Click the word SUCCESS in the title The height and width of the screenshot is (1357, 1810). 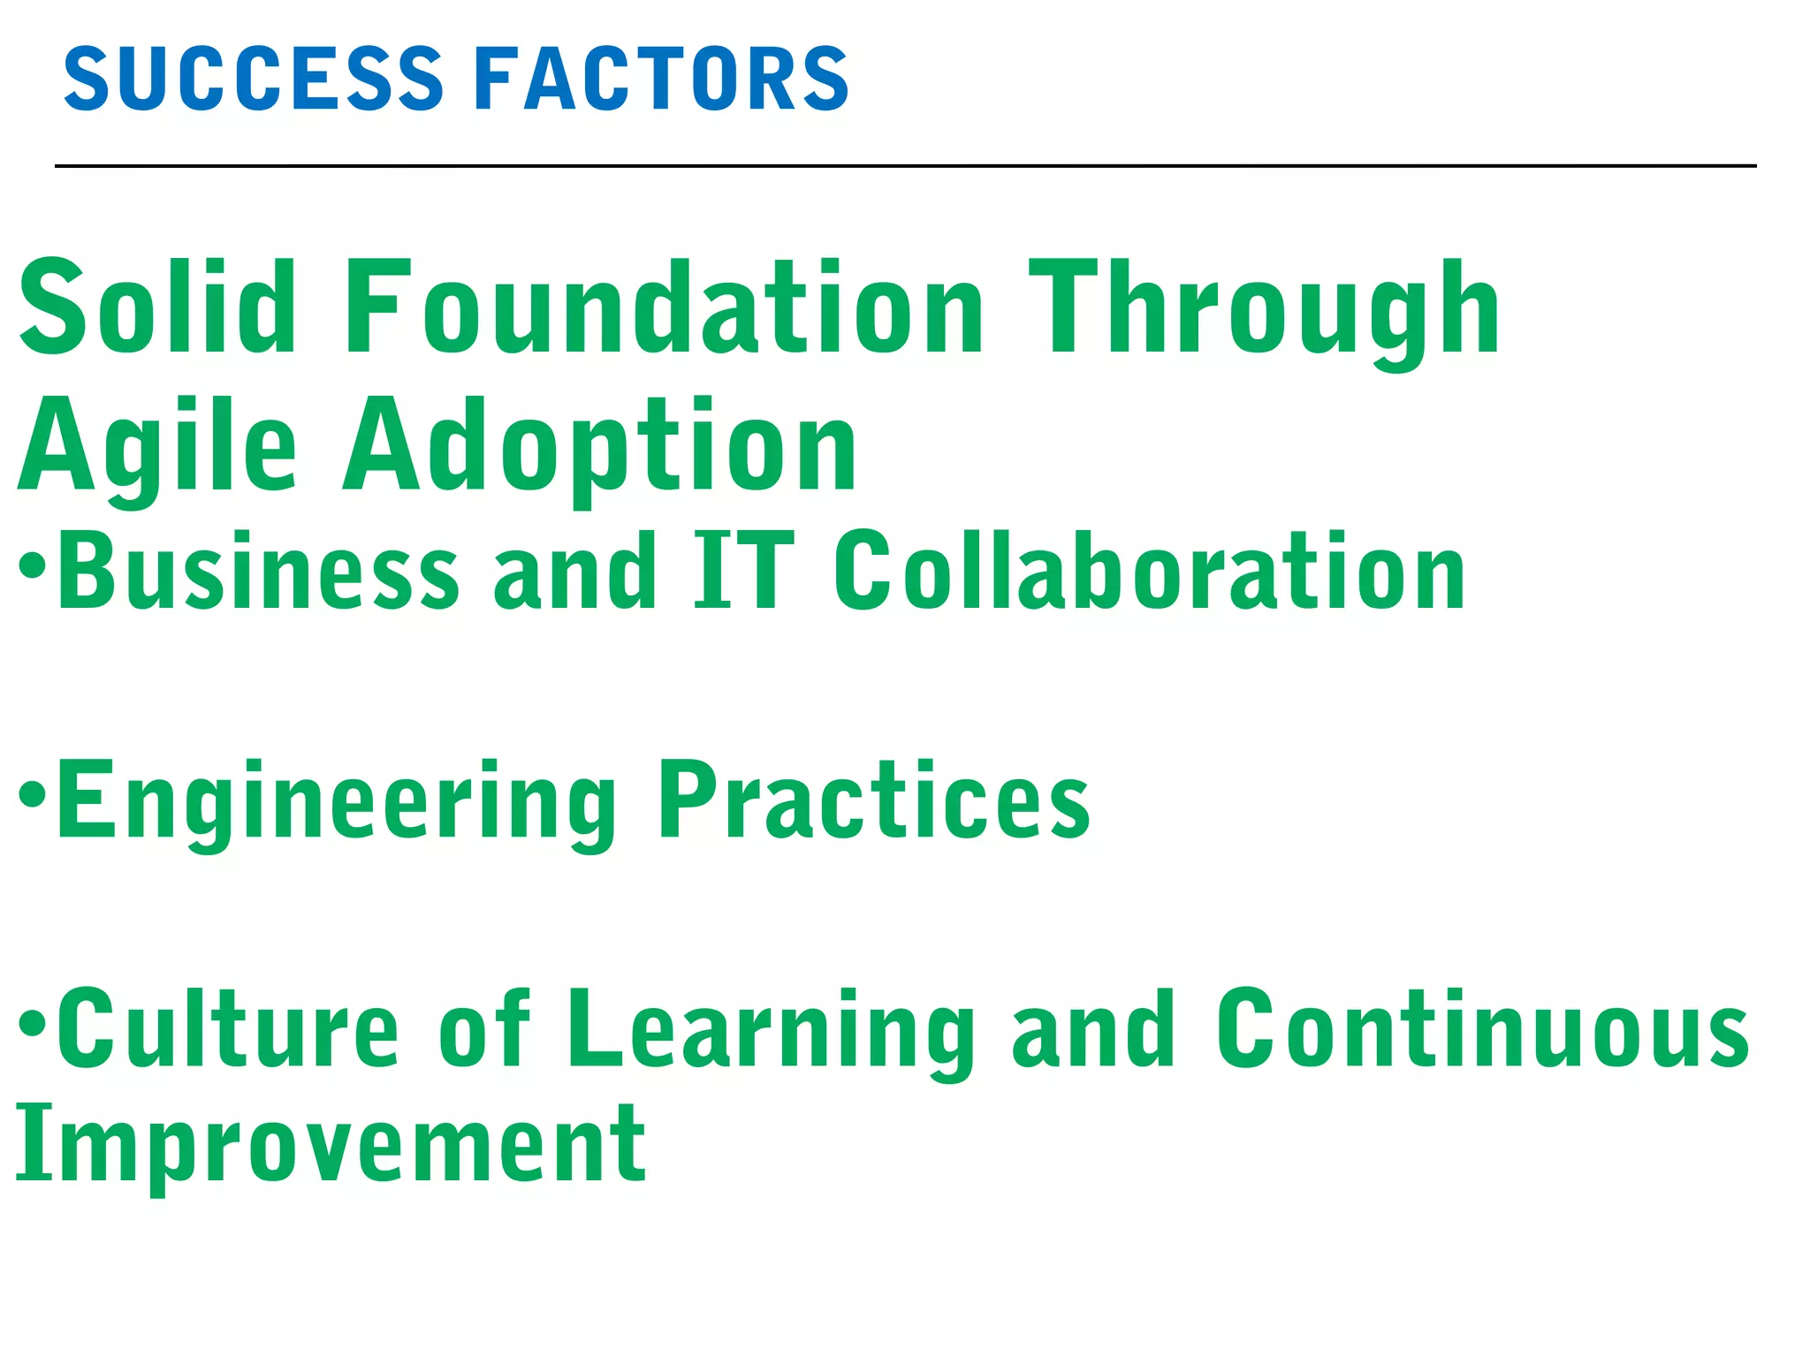[x=254, y=80]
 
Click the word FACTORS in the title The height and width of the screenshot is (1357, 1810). [x=661, y=80]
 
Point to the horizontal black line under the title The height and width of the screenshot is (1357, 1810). [x=905, y=165]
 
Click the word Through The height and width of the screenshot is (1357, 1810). [x=1264, y=311]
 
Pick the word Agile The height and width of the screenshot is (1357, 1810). [x=157, y=446]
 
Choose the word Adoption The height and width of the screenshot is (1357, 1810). [x=601, y=446]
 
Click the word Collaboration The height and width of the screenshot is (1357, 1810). [x=1149, y=572]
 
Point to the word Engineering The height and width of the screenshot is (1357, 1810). [x=336, y=802]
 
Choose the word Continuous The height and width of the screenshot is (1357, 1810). [x=1482, y=1029]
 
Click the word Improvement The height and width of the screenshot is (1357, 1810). [x=331, y=1146]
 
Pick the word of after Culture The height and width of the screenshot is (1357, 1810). [x=484, y=1029]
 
